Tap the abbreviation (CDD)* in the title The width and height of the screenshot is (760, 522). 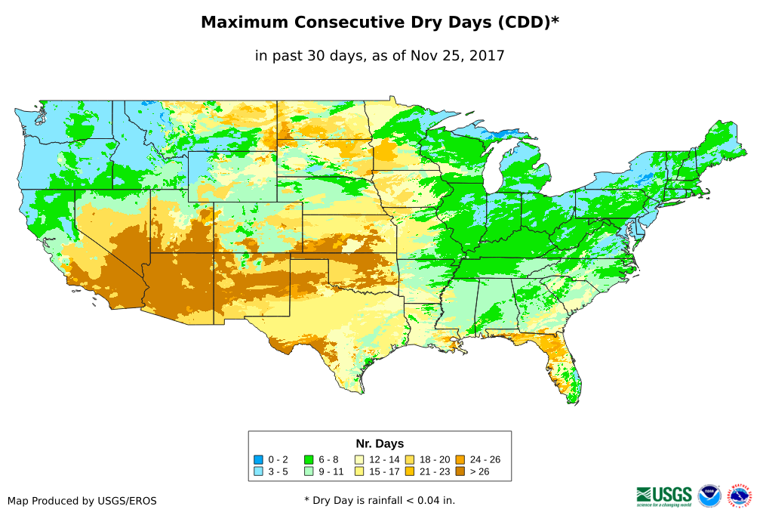click(x=526, y=23)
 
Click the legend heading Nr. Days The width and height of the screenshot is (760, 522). click(x=380, y=443)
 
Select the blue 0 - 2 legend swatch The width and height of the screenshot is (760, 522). click(x=258, y=459)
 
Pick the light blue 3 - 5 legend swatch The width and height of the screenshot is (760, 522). click(x=258, y=472)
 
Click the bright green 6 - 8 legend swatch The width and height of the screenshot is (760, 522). click(x=308, y=459)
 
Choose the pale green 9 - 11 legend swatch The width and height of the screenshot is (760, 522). click(x=308, y=472)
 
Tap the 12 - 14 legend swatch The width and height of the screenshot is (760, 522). click(x=359, y=459)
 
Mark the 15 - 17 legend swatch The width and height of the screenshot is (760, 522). click(x=359, y=472)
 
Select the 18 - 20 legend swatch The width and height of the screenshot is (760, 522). click(x=409, y=459)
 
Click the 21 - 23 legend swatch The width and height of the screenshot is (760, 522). click(x=409, y=472)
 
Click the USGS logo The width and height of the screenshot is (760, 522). click(x=664, y=496)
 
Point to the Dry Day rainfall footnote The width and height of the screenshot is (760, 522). click(x=380, y=500)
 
